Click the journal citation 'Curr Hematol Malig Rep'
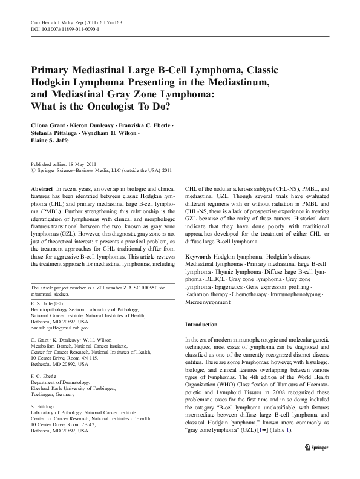(54, 22)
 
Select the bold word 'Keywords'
(198, 257)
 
